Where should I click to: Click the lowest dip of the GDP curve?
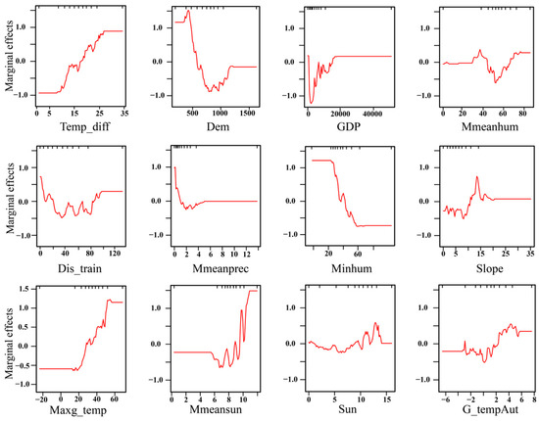pyautogui.click(x=312, y=103)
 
